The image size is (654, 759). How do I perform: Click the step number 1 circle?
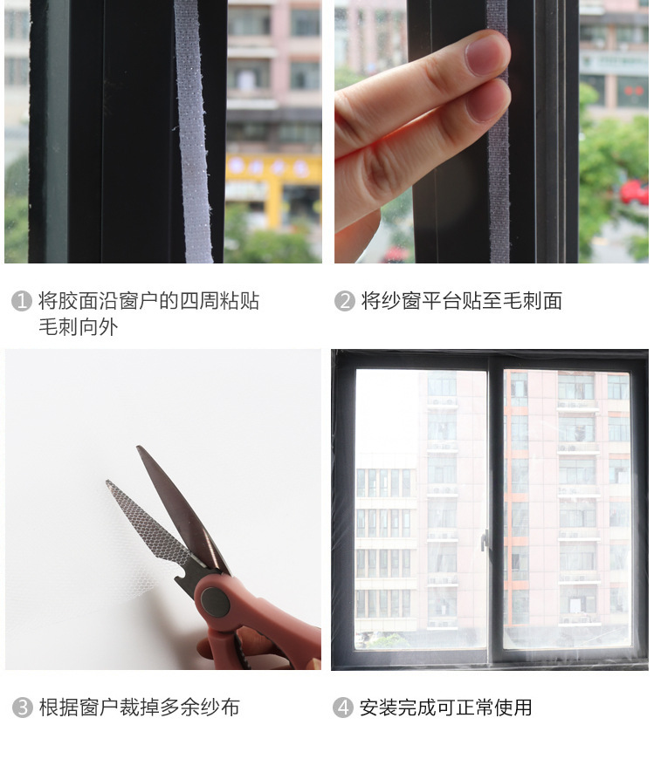point(21,301)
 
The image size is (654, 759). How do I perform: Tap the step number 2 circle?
point(344,301)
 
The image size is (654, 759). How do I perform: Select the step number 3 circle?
point(23,708)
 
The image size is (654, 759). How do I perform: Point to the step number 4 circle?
point(343,708)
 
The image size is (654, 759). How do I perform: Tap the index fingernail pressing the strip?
point(486,54)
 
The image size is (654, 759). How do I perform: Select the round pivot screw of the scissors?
point(215,602)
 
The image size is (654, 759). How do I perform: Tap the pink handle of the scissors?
point(257,625)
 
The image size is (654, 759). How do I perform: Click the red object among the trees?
point(634,192)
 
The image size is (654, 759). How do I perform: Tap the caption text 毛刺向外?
point(79,327)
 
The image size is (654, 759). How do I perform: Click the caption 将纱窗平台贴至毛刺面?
point(462,301)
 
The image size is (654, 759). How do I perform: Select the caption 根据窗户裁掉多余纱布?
point(140,708)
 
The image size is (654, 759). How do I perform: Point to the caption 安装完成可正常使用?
point(445,708)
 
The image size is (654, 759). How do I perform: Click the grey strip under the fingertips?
point(498,145)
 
